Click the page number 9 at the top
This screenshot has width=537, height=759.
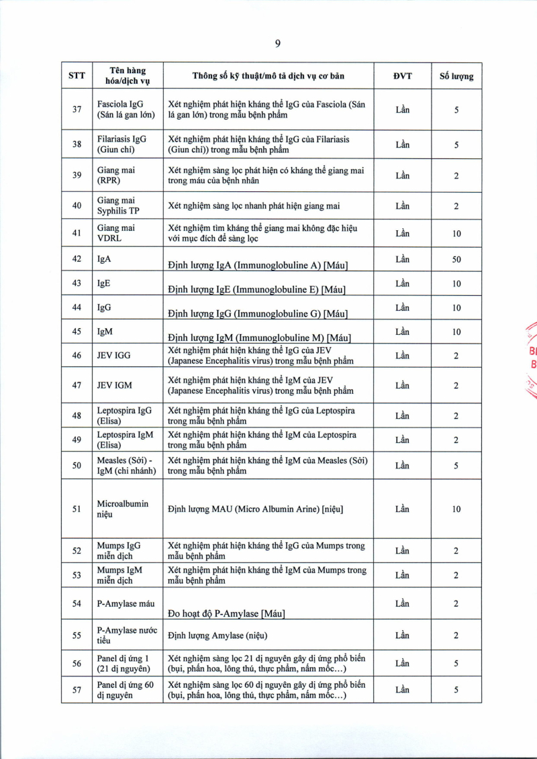(x=277, y=44)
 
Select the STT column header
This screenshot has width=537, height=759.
(x=77, y=76)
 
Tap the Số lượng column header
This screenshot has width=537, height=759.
(x=456, y=76)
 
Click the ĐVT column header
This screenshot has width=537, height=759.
(x=402, y=76)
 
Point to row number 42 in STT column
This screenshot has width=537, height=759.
(x=77, y=259)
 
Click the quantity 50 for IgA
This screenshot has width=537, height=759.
(x=456, y=259)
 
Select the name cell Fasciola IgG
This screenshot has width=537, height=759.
(x=126, y=109)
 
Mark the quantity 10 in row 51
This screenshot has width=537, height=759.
(x=456, y=509)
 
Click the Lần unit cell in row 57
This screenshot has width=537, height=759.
(x=402, y=689)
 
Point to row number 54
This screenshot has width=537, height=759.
(x=77, y=604)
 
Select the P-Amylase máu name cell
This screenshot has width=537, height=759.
(x=126, y=604)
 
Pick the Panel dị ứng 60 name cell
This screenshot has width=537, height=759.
(x=126, y=689)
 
